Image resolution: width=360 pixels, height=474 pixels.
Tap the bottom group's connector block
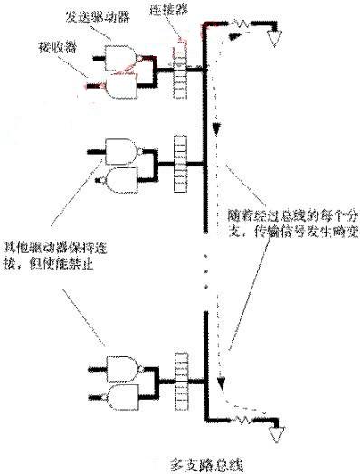point(178,379)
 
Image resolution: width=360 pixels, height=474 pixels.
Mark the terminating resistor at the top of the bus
point(242,22)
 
